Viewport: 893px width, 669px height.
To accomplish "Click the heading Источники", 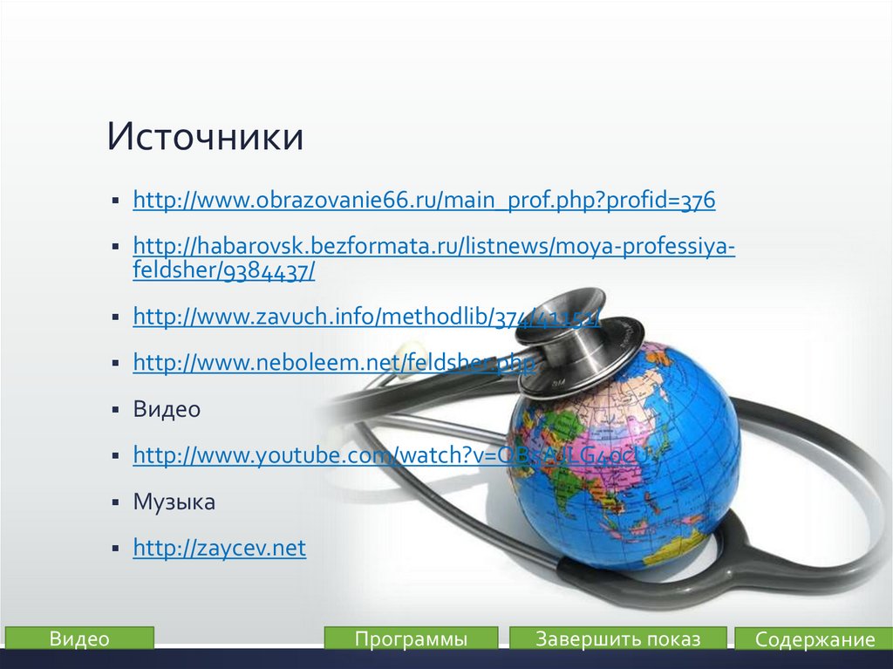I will point(206,138).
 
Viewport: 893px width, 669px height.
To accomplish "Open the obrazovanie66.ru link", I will point(423,201).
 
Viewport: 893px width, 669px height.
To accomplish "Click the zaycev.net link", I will point(219,548).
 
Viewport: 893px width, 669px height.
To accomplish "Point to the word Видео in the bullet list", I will point(167,408).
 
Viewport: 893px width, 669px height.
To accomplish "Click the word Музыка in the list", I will point(174,502).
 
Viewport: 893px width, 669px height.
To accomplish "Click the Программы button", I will point(411,638).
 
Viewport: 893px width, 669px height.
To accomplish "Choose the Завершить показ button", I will point(617,638).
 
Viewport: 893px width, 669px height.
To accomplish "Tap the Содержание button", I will point(814,639).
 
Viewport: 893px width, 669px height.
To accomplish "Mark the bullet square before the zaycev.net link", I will point(115,549).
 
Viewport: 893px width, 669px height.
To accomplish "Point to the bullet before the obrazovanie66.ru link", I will point(115,201).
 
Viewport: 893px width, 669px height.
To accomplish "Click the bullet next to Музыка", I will point(115,502).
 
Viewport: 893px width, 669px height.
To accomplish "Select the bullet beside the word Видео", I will point(115,409).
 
